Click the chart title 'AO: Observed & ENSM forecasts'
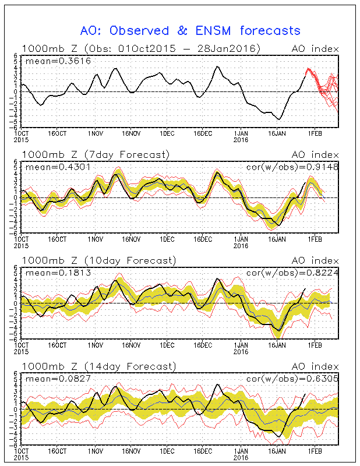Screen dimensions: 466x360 (x=189, y=30)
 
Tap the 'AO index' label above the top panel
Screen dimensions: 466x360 (x=315, y=48)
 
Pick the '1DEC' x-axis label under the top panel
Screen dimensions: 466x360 (x=167, y=133)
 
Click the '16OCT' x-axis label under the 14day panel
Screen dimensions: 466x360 (x=57, y=451)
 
